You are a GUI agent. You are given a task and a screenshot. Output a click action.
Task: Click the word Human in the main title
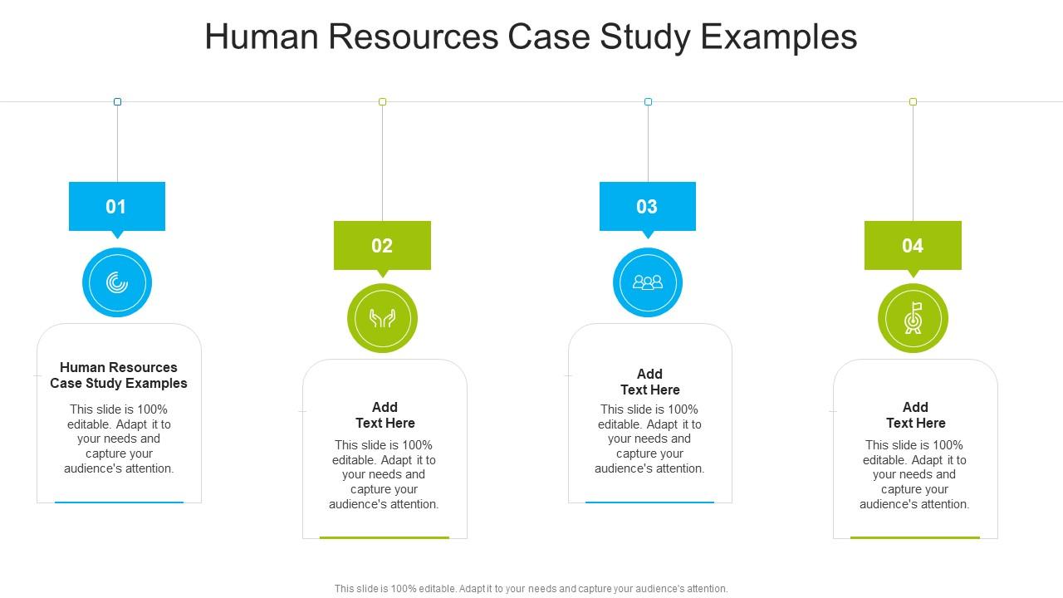[262, 37]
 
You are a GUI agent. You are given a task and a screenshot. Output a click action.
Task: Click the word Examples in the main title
[779, 37]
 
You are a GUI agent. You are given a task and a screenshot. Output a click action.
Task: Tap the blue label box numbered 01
[117, 207]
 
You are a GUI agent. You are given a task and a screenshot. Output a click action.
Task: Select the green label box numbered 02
[382, 245]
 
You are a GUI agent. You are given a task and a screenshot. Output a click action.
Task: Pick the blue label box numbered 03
[647, 207]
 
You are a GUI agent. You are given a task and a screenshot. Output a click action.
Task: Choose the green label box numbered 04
[913, 245]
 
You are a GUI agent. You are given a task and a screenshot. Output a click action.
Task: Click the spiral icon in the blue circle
[117, 283]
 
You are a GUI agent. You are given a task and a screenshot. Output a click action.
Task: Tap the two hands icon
[382, 318]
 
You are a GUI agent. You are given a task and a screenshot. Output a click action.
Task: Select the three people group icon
[648, 283]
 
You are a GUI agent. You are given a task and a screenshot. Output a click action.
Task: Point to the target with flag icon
[913, 318]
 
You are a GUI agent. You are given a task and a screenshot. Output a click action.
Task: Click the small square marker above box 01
[117, 101]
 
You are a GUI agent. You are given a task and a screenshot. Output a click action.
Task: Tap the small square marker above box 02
[383, 101]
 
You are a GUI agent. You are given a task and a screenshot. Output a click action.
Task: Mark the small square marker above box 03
[648, 101]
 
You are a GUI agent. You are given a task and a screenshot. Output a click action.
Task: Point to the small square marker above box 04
[913, 101]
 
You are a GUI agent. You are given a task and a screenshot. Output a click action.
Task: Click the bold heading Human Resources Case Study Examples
[119, 375]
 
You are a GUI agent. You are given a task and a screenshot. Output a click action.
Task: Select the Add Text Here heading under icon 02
[385, 415]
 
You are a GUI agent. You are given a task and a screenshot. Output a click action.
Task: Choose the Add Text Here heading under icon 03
[650, 382]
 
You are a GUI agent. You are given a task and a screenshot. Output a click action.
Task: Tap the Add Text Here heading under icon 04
[915, 415]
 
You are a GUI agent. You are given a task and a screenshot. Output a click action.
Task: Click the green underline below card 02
[385, 537]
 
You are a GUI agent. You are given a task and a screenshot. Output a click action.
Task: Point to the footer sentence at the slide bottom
[531, 589]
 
